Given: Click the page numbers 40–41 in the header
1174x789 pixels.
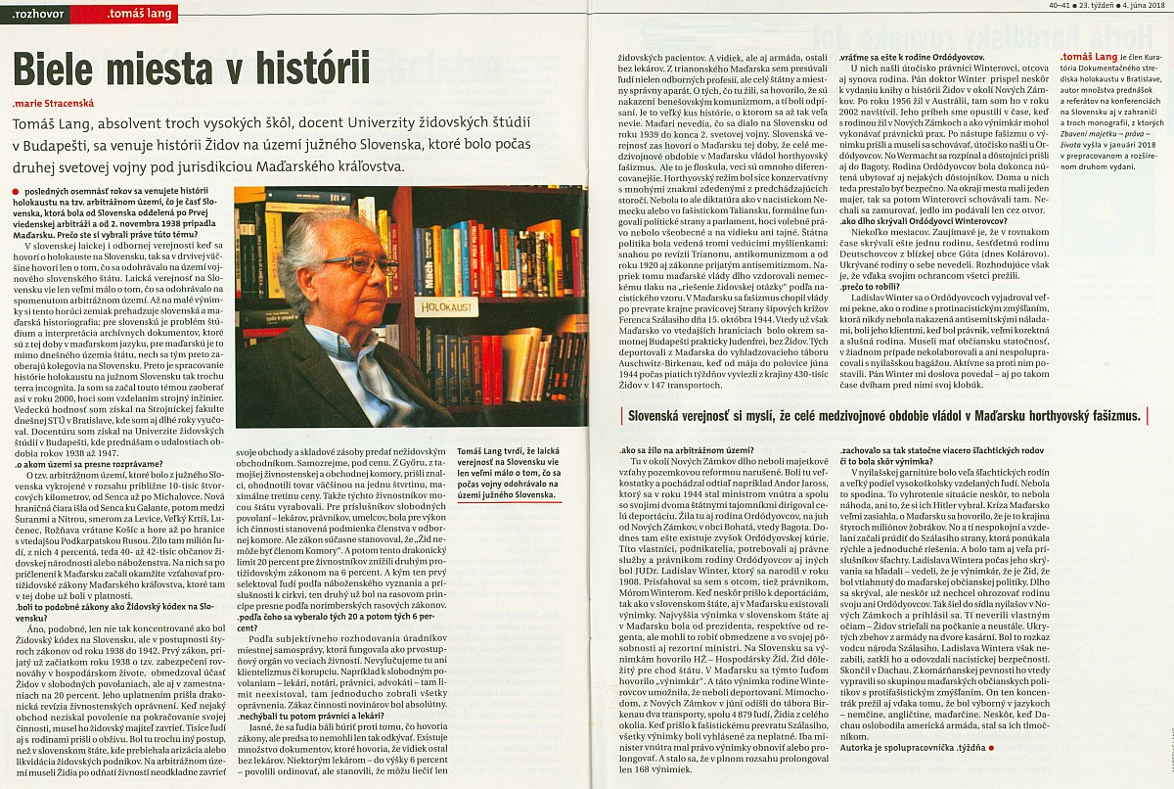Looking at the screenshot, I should click(x=1037, y=7).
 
